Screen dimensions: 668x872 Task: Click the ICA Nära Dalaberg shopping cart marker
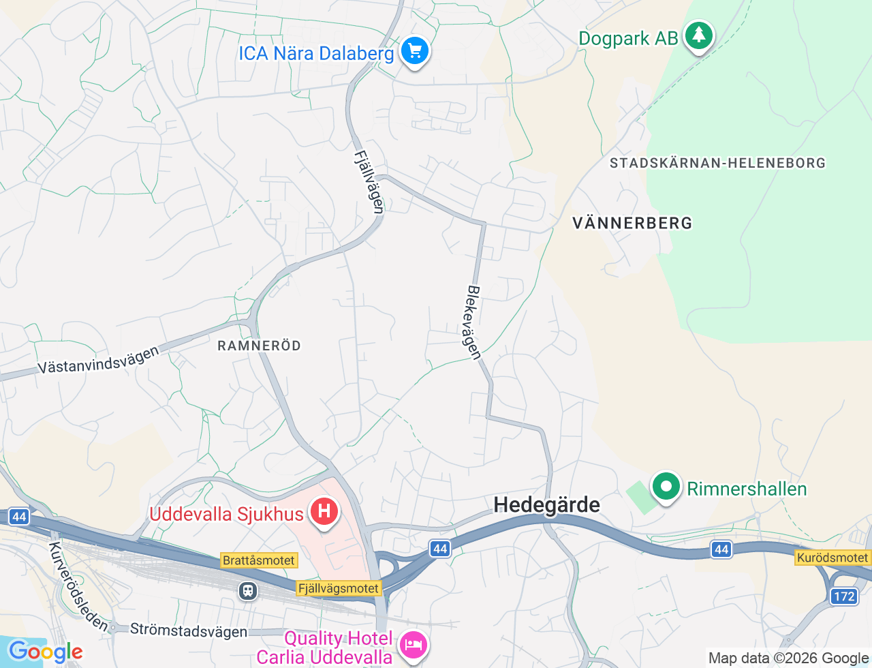click(414, 50)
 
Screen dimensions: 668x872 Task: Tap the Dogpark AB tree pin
click(698, 35)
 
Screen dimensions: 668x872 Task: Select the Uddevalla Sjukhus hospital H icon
click(324, 512)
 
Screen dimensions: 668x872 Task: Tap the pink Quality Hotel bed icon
click(413, 644)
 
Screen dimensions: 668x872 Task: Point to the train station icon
click(248, 590)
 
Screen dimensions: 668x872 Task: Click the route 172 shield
click(843, 596)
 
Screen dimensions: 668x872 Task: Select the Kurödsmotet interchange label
click(832, 558)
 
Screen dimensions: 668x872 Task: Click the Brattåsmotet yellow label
click(259, 560)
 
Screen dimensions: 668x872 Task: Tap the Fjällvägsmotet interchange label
click(339, 588)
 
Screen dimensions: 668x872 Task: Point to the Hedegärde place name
click(546, 504)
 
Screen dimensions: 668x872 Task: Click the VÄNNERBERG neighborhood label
click(632, 223)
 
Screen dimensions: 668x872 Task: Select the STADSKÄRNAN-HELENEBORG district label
click(717, 163)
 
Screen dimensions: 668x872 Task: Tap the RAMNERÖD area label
click(259, 346)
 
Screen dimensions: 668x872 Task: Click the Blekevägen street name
click(473, 322)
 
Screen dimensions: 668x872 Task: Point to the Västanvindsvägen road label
click(98, 360)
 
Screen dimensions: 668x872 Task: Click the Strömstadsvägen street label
click(189, 631)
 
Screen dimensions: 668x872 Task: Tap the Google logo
click(46, 652)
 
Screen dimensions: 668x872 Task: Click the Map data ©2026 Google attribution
click(788, 658)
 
